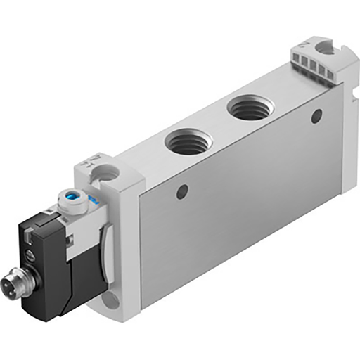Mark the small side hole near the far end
pyautogui.click(x=316, y=115)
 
